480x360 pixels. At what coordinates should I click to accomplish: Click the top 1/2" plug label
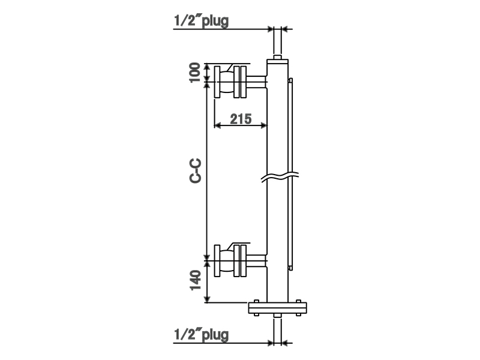(x=201, y=20)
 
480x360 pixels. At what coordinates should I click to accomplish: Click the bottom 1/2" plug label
(x=201, y=335)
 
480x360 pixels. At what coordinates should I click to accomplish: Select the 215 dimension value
(x=240, y=118)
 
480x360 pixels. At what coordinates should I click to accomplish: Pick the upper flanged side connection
(x=231, y=81)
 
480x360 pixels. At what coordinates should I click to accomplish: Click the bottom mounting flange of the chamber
(x=278, y=308)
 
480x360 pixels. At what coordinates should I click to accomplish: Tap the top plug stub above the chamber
(x=278, y=42)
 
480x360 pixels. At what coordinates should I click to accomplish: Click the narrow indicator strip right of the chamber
(x=291, y=174)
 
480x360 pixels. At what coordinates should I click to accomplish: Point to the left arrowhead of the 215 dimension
(x=218, y=125)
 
